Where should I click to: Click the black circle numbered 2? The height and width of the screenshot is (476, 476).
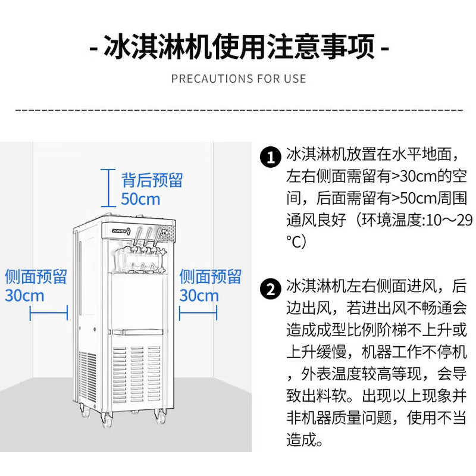pos(271,290)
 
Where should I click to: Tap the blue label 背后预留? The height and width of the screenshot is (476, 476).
pos(152,180)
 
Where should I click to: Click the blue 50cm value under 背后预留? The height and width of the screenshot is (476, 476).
pos(141,199)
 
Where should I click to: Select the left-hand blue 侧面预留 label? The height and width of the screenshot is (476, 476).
pos(35,277)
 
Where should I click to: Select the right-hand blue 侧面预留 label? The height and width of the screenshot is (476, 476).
pos(211,277)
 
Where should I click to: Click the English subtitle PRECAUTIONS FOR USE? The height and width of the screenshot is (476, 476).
pos(238,79)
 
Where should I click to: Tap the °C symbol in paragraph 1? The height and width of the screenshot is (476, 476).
pos(296,241)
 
